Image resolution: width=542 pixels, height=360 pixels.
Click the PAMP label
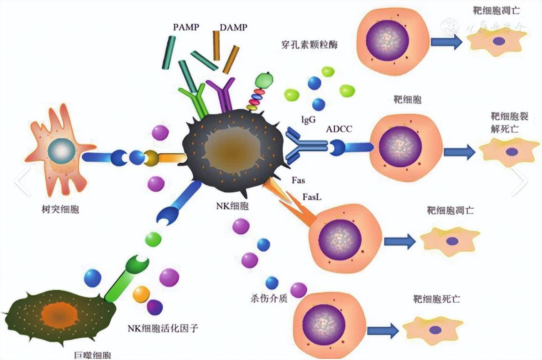click(186, 27)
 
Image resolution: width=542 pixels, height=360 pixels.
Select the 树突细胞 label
click(60, 209)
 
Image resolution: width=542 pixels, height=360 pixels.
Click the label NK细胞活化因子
click(163, 328)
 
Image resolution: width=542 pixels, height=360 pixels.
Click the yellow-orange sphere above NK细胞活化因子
click(141, 294)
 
